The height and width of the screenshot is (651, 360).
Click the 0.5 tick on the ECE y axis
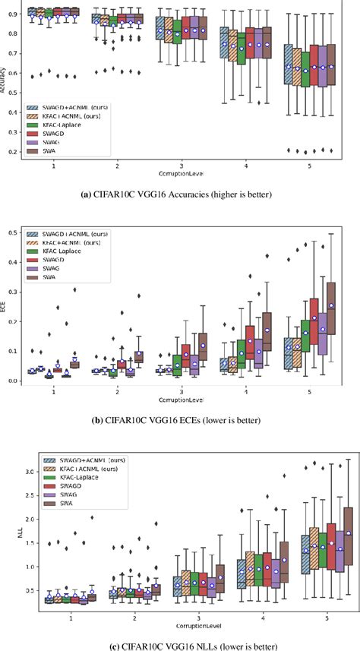16,232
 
